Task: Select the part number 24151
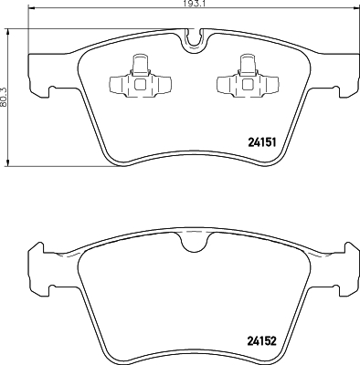coord(263,141)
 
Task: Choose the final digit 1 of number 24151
coord(273,141)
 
